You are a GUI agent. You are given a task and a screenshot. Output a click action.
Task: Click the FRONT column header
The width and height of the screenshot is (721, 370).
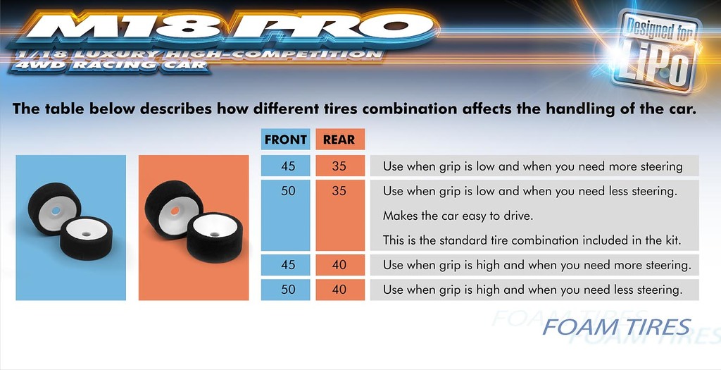pyautogui.click(x=286, y=140)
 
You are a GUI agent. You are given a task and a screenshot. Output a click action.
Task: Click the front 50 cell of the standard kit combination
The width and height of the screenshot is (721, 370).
pyautogui.click(x=286, y=215)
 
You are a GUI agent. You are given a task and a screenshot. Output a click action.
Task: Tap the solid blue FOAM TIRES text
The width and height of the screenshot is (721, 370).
pyautogui.click(x=616, y=327)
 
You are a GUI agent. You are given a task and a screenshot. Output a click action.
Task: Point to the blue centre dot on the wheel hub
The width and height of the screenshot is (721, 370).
pyautogui.click(x=56, y=211)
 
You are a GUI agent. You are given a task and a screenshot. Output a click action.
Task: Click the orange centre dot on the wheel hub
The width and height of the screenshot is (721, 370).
pyautogui.click(x=175, y=211)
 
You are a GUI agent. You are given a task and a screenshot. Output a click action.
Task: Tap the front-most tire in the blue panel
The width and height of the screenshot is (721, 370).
pyautogui.click(x=86, y=238)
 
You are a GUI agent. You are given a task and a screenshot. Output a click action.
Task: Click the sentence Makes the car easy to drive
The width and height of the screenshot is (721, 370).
pyautogui.click(x=458, y=216)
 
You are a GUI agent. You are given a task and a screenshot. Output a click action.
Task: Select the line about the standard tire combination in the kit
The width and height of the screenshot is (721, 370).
pyautogui.click(x=532, y=240)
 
